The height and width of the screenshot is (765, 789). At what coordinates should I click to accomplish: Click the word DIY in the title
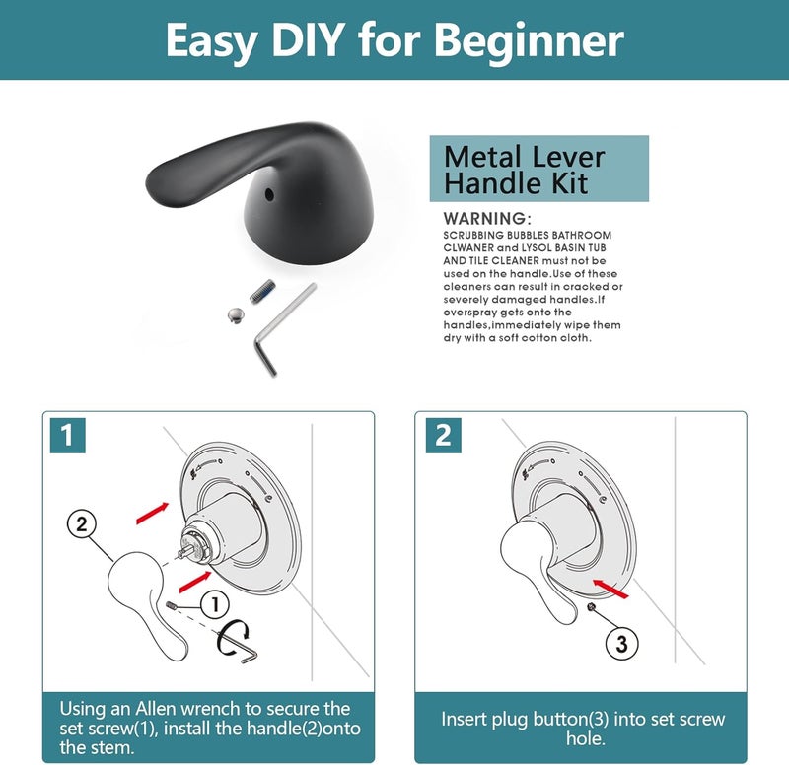click(x=308, y=39)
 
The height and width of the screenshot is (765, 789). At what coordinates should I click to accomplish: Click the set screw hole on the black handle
click(x=269, y=194)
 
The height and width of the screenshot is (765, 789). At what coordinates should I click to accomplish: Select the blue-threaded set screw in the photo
click(x=262, y=291)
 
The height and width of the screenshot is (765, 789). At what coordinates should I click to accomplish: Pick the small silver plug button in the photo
click(x=236, y=315)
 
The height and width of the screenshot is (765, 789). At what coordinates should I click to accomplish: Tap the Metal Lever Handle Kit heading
click(x=525, y=170)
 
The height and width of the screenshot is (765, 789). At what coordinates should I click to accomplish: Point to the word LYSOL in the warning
click(x=536, y=248)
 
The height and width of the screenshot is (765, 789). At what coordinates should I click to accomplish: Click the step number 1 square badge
click(x=67, y=436)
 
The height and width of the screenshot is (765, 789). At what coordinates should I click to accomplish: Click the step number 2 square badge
click(x=443, y=436)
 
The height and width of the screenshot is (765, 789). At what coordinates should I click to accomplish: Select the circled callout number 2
click(x=82, y=524)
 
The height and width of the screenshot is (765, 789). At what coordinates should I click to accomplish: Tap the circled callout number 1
click(x=215, y=604)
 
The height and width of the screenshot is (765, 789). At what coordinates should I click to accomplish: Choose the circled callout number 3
click(x=621, y=644)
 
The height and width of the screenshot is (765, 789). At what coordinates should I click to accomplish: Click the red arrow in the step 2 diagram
click(x=610, y=589)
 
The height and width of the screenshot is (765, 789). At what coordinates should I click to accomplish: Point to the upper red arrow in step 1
click(x=153, y=513)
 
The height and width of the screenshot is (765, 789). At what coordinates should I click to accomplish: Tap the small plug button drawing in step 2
click(x=592, y=607)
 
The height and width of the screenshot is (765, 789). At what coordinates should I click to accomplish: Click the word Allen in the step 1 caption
click(x=157, y=709)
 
